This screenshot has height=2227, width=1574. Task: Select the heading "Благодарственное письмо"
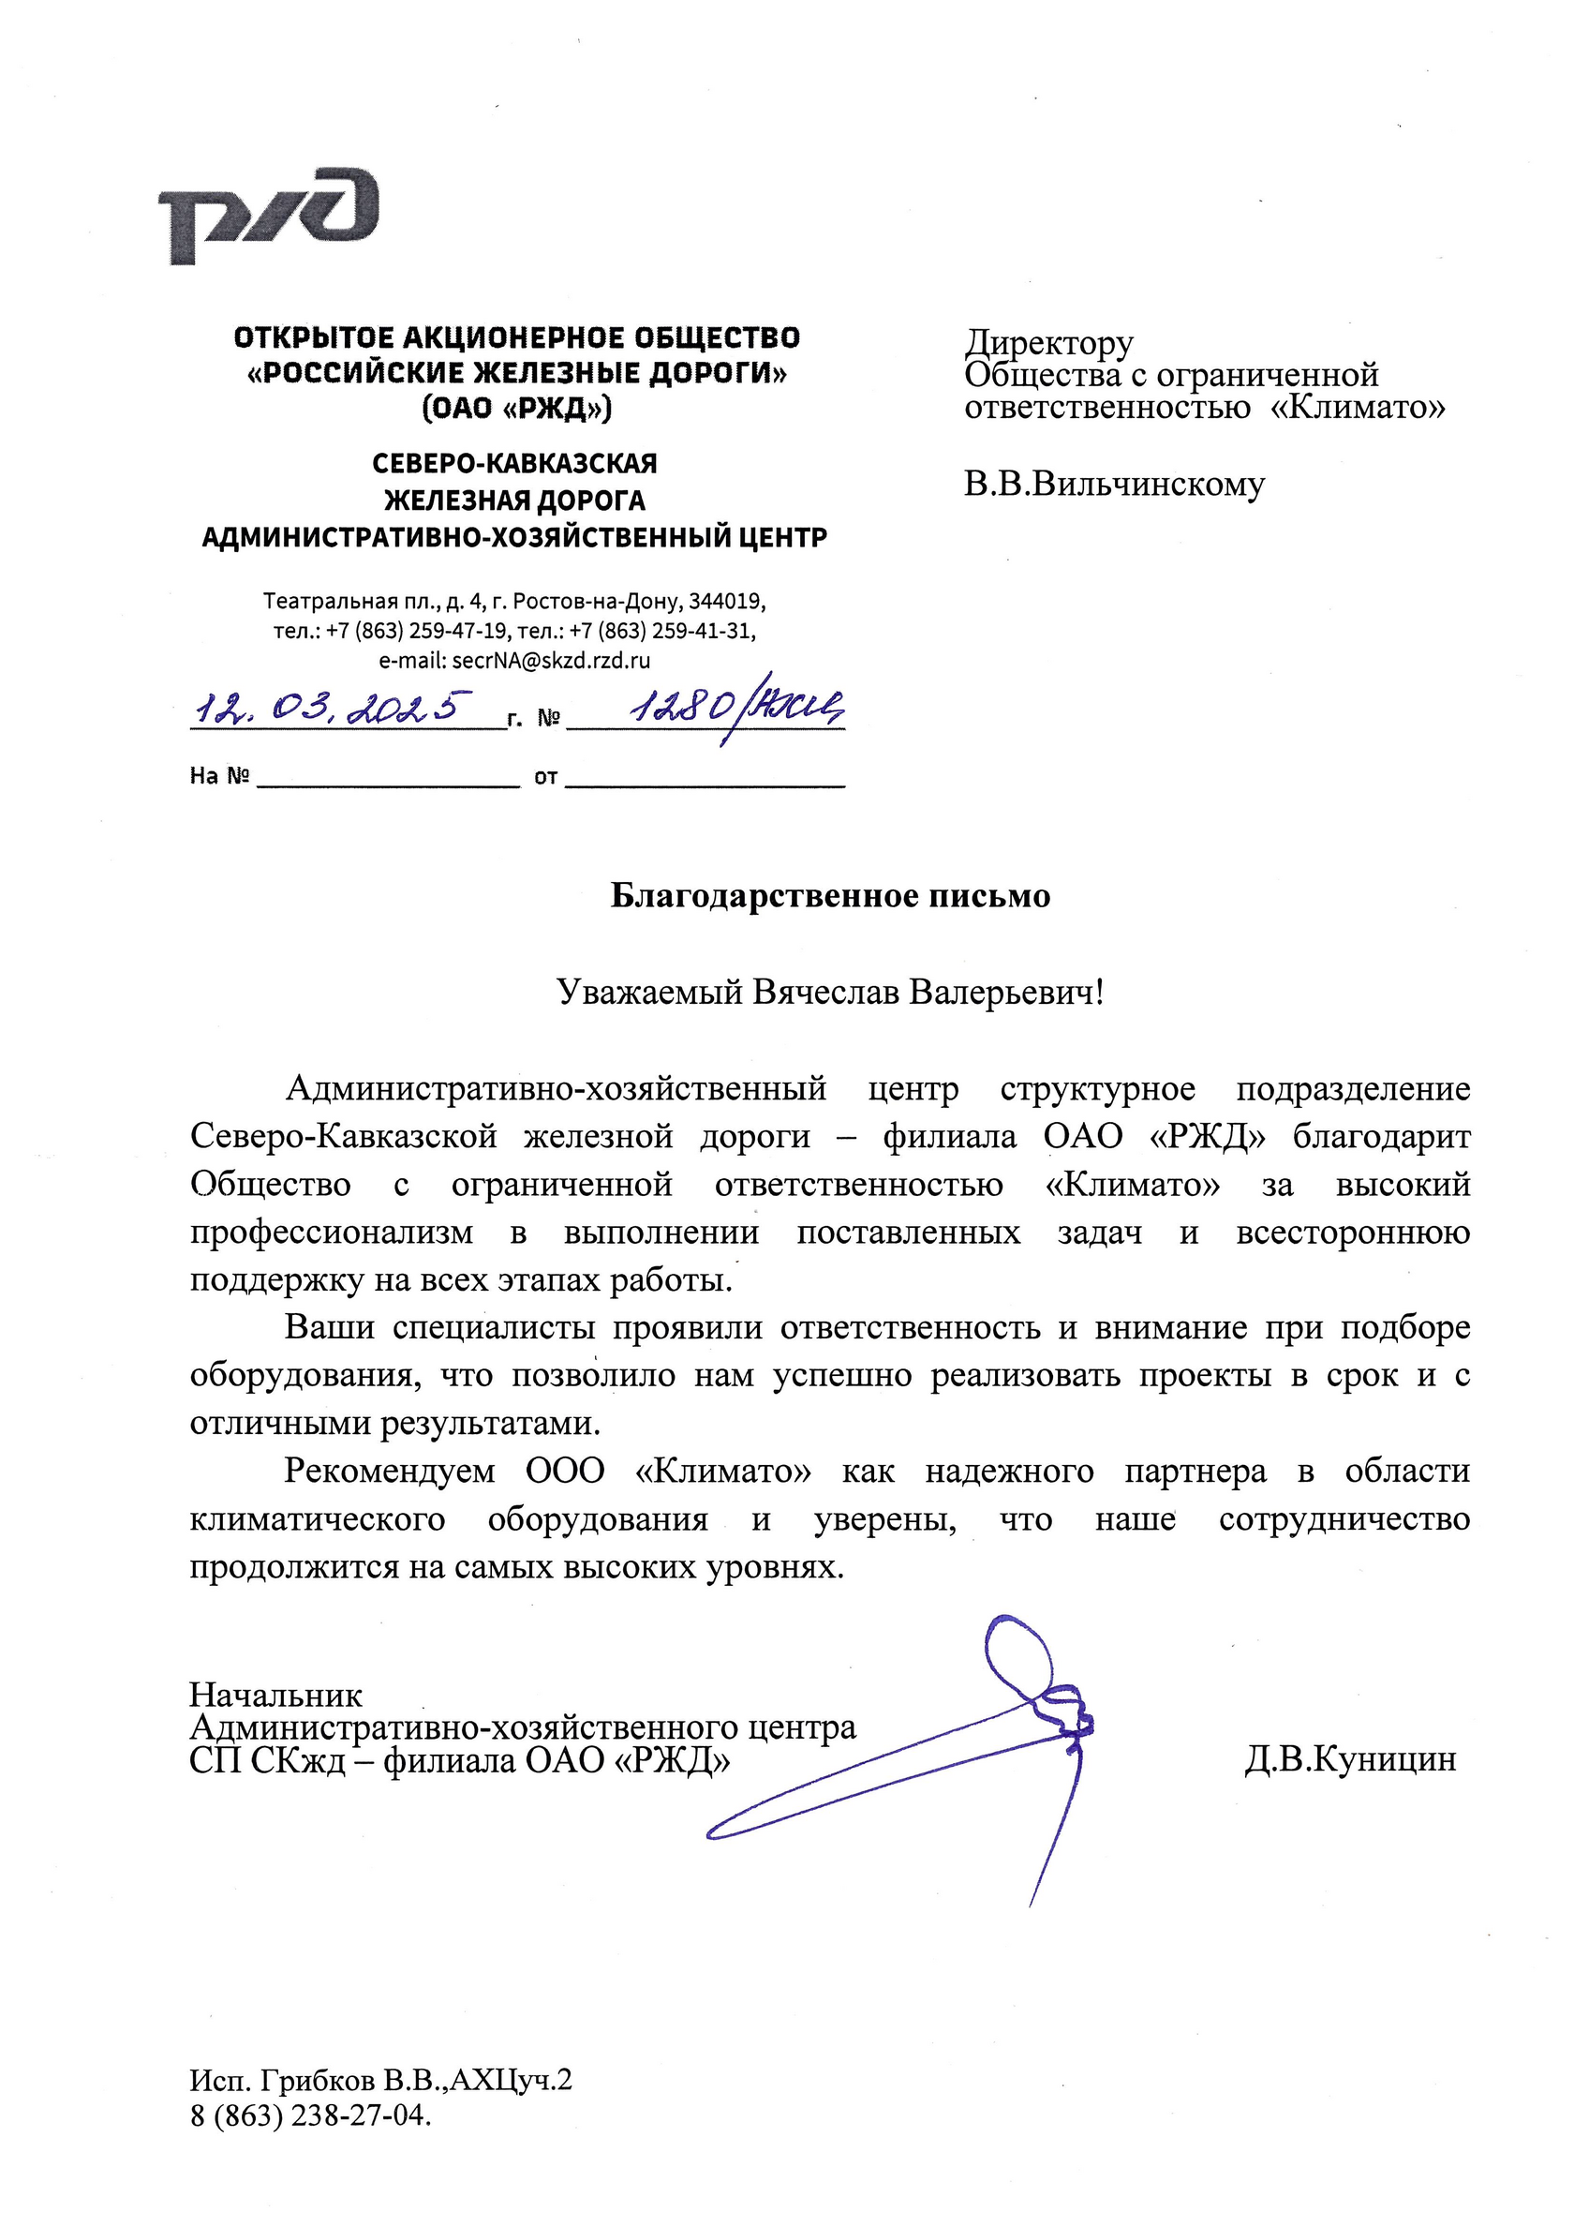[830, 895]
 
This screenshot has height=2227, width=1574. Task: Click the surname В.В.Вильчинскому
[1114, 483]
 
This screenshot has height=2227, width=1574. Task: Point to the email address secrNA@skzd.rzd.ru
[551, 661]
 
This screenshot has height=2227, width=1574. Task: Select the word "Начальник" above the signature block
[275, 1695]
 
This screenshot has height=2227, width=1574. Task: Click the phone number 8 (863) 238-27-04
[310, 2115]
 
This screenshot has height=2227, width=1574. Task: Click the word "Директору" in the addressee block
[1048, 342]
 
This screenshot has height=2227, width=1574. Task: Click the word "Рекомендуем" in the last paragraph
[390, 1471]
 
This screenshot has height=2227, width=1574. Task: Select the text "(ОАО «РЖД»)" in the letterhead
[517, 408]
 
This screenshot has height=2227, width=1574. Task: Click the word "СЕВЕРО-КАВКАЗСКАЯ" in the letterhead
[514, 463]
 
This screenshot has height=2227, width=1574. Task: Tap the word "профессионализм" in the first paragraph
[332, 1232]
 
